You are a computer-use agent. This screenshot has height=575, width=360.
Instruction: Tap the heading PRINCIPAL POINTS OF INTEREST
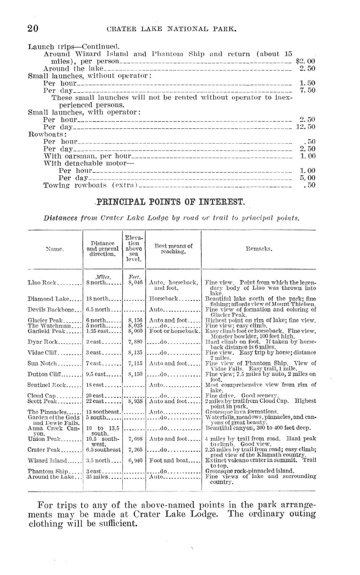[170, 203]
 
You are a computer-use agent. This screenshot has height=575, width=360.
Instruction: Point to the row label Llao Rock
[41, 282]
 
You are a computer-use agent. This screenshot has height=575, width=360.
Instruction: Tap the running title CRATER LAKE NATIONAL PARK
[170, 30]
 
